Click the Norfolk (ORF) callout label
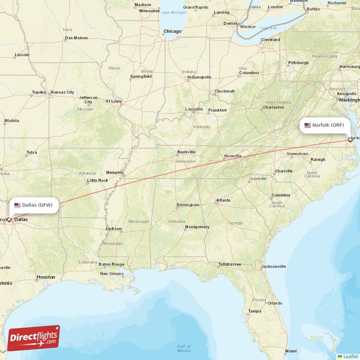click(325, 125)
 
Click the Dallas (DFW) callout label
click(33, 205)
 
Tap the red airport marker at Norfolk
click(350, 140)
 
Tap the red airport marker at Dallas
click(9, 220)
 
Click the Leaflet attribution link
click(350, 356)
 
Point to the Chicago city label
click(172, 31)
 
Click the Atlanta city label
click(223, 200)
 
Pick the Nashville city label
click(186, 152)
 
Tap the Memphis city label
click(114, 172)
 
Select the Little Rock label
click(98, 180)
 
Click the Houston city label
click(46, 277)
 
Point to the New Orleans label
click(112, 274)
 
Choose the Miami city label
click(291, 351)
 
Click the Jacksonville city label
click(274, 266)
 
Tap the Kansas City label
click(63, 92)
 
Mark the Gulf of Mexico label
click(184, 348)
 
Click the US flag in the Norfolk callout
click(307, 125)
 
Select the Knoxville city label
click(233, 156)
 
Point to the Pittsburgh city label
click(299, 63)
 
